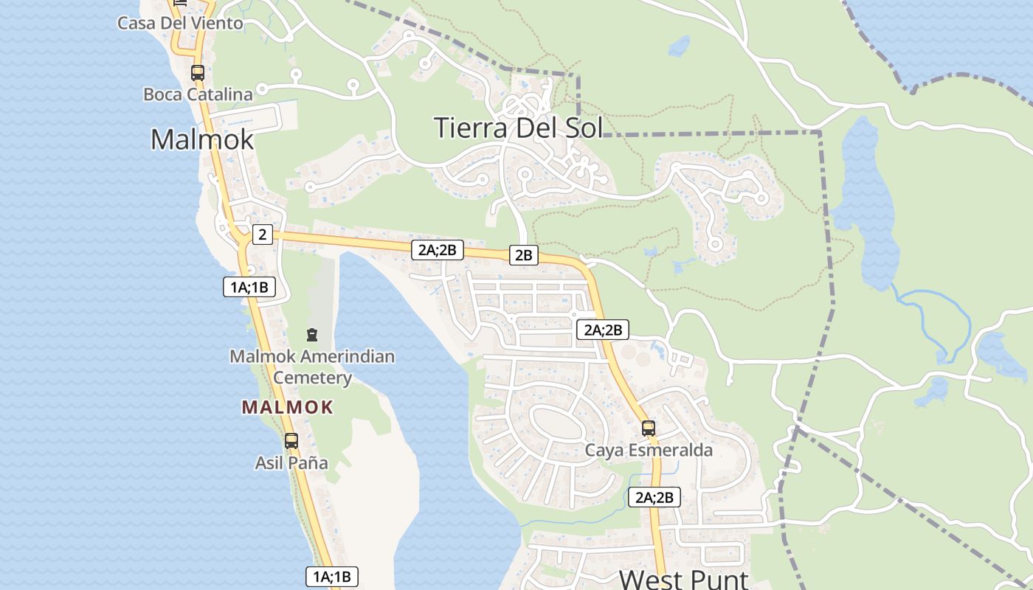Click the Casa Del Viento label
tap(180, 23)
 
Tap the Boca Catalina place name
tap(198, 94)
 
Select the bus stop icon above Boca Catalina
tap(197, 72)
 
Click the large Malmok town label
tap(202, 139)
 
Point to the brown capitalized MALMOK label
tap(288, 407)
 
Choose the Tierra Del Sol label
tap(518, 128)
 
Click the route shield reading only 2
tap(262, 235)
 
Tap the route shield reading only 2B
tap(523, 255)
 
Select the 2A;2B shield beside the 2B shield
tap(438, 250)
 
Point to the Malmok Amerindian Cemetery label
tap(312, 367)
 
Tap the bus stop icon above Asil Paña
tap(291, 441)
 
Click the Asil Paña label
tap(291, 463)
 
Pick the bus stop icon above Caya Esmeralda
tap(649, 428)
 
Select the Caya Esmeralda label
tap(649, 450)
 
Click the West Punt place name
tap(683, 579)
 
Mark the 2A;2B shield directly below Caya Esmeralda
tap(654, 497)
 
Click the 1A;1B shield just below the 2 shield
tap(249, 287)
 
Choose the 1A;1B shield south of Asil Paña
tap(332, 576)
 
